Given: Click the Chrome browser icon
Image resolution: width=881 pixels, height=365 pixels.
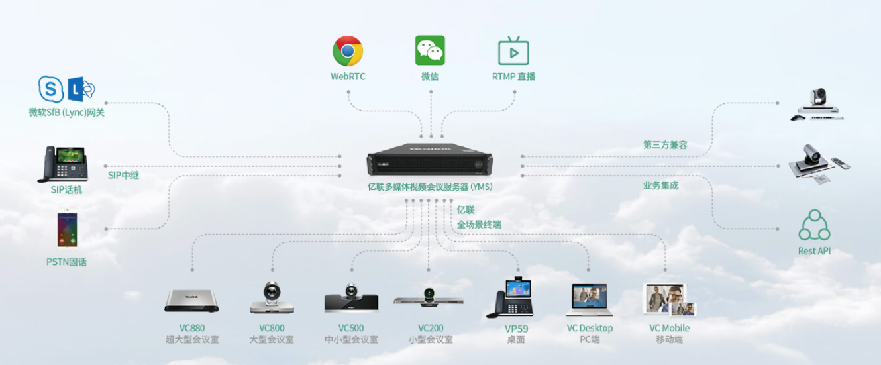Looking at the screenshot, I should point(347,51).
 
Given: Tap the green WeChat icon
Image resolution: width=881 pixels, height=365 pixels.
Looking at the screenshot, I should point(430,51).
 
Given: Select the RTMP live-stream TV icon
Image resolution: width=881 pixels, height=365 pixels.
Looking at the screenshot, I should point(513,51).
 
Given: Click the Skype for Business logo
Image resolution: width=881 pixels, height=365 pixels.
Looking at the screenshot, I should point(50,88).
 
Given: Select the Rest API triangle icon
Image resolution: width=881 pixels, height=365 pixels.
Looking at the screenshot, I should point(814,227).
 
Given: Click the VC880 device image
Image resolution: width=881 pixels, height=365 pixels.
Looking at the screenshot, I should point(192,300).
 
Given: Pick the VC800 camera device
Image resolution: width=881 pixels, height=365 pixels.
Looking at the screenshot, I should point(272,298).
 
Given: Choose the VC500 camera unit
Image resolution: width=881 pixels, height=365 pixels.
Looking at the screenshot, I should point(351,299).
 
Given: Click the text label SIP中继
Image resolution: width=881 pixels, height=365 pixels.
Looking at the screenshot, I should point(124,176).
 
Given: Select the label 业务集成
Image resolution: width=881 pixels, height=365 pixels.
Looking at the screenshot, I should point(660,185).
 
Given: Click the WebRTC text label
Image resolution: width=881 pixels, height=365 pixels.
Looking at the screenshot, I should point(348,77).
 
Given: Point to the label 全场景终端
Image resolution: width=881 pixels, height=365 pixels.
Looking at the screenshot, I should point(479,225).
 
